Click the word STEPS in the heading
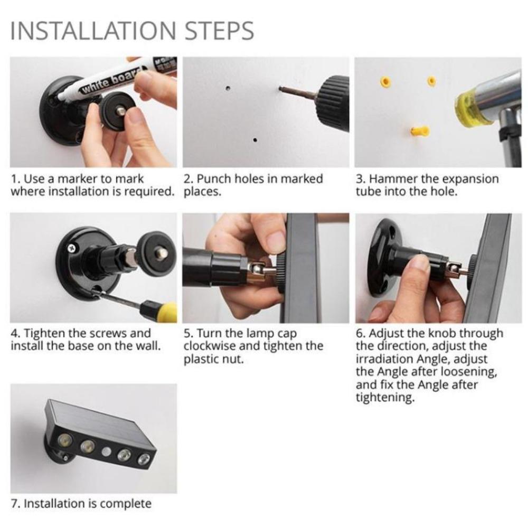coord(219,31)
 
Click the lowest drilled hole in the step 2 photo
coord(254,140)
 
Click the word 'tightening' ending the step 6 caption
coord(385,398)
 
